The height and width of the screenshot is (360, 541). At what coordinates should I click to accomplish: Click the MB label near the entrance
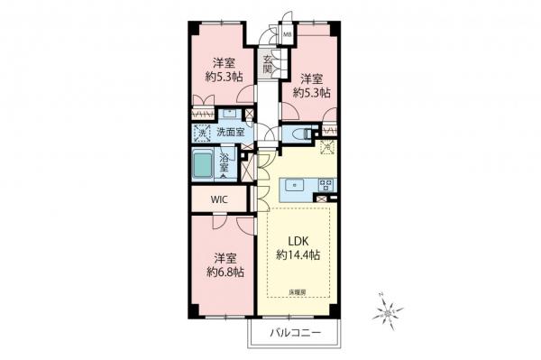click(288, 35)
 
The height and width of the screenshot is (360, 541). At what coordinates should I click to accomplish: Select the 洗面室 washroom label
click(231, 133)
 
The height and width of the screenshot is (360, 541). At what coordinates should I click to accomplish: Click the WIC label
click(219, 199)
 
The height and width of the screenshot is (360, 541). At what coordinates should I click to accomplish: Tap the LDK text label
click(298, 240)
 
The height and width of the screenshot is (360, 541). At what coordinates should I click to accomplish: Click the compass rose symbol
click(387, 311)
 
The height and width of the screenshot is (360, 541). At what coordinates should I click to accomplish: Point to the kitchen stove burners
click(324, 185)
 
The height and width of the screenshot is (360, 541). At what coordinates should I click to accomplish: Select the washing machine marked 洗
click(202, 133)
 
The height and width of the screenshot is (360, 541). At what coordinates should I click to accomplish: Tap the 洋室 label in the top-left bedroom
click(225, 62)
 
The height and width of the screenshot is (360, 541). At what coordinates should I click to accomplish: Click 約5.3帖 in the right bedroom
click(312, 92)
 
